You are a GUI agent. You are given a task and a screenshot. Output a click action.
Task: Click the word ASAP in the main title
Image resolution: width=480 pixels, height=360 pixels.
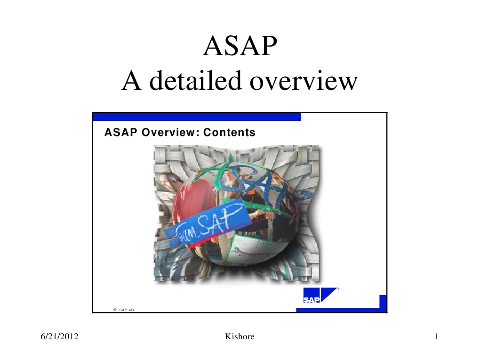coord(240,47)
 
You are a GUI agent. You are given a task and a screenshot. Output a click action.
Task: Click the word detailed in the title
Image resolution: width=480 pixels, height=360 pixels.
coord(196,81)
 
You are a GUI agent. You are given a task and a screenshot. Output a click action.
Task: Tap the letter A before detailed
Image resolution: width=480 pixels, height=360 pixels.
coord(131,81)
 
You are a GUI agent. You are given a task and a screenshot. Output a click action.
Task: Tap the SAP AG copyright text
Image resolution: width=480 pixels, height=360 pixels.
coord(127,310)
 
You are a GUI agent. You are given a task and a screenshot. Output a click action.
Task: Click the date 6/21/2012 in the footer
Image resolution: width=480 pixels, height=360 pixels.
coord(59,336)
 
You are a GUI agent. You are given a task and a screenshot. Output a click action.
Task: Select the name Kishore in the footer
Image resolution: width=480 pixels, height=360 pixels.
coord(240,336)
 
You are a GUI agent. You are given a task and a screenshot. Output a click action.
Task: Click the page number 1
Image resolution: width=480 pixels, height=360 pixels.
coord(437,336)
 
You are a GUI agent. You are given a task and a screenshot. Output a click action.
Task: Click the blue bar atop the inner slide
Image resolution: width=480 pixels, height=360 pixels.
coord(197,117)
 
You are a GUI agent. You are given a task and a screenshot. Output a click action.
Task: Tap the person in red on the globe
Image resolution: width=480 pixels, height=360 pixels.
coord(188,198)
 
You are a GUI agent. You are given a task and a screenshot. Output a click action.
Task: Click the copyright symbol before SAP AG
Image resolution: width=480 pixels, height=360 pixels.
coord(114,310)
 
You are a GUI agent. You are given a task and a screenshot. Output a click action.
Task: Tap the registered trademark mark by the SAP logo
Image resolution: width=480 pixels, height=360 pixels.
coord(338,289)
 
